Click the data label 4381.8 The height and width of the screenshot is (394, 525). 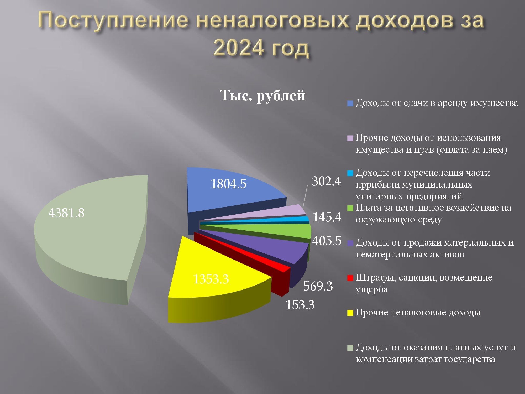66,213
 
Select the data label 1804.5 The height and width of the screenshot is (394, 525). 228,184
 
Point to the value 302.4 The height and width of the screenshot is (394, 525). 326,181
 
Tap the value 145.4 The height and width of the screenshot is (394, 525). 327,217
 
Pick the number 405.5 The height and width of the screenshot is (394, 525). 327,240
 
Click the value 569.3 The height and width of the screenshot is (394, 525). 318,286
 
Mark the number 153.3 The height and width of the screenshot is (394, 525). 300,305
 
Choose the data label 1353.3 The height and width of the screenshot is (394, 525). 211,279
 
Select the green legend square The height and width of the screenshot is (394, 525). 350,208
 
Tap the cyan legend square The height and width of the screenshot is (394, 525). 350,173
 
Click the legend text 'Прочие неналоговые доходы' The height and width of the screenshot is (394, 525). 418,313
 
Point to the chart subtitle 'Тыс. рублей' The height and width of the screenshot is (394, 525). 262,95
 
